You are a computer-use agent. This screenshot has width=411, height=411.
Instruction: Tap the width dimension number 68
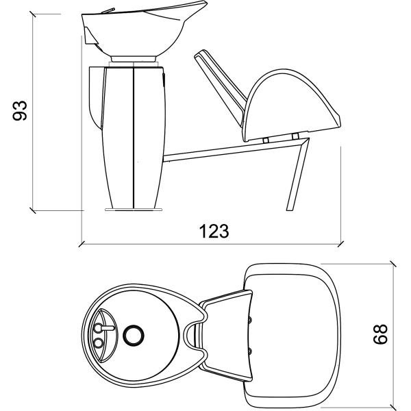(382, 334)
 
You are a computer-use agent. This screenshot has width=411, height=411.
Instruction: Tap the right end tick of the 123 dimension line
(341, 242)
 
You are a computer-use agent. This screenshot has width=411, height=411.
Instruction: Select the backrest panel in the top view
(226, 335)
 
